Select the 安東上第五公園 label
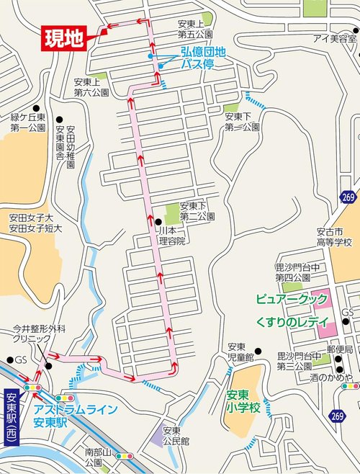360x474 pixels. (194, 30)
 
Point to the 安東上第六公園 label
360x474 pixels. (91, 87)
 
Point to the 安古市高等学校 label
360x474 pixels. (333, 238)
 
